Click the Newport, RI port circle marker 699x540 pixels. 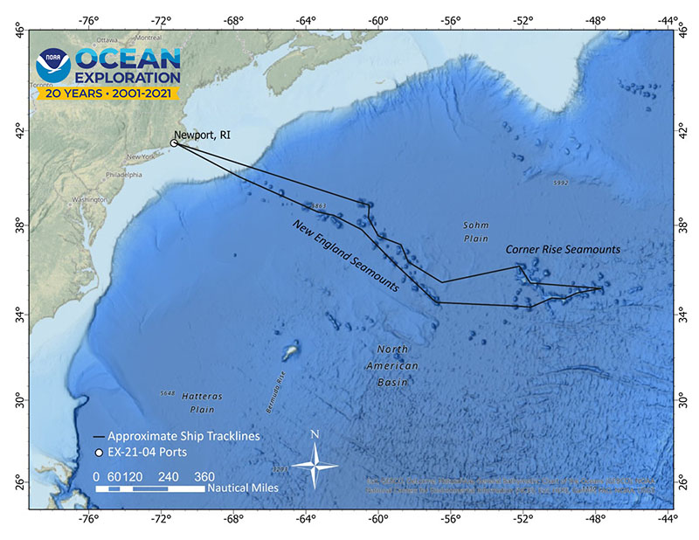coord(174,143)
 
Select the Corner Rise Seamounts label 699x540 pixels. coord(563,249)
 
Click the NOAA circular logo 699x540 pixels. coord(52,66)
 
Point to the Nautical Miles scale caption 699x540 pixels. coord(242,488)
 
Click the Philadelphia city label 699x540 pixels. coord(123,174)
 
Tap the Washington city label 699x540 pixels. coord(90,200)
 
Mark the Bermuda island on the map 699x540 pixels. coord(290,352)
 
